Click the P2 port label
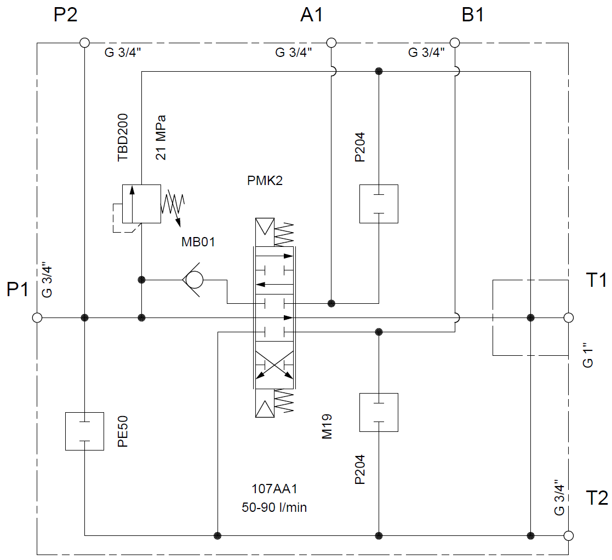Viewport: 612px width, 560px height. tap(65, 15)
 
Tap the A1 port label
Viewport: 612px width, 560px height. tap(312, 15)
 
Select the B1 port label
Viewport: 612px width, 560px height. tap(473, 15)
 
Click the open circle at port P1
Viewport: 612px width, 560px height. tap(37, 317)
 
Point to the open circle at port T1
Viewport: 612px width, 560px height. tap(568, 317)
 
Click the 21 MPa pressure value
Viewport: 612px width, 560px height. tap(161, 137)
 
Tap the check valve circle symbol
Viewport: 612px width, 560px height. tap(193, 280)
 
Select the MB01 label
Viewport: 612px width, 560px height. tap(198, 241)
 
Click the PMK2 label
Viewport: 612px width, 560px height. tap(265, 181)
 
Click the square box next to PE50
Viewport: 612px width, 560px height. tap(84, 431)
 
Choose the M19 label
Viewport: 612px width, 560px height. tap(328, 426)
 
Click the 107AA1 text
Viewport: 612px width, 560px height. tap(274, 489)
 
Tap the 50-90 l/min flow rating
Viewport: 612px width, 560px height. tap(274, 507)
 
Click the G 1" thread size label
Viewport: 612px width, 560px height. tap(588, 355)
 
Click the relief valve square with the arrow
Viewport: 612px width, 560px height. tap(141, 204)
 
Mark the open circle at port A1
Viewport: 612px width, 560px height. tap(331, 43)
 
